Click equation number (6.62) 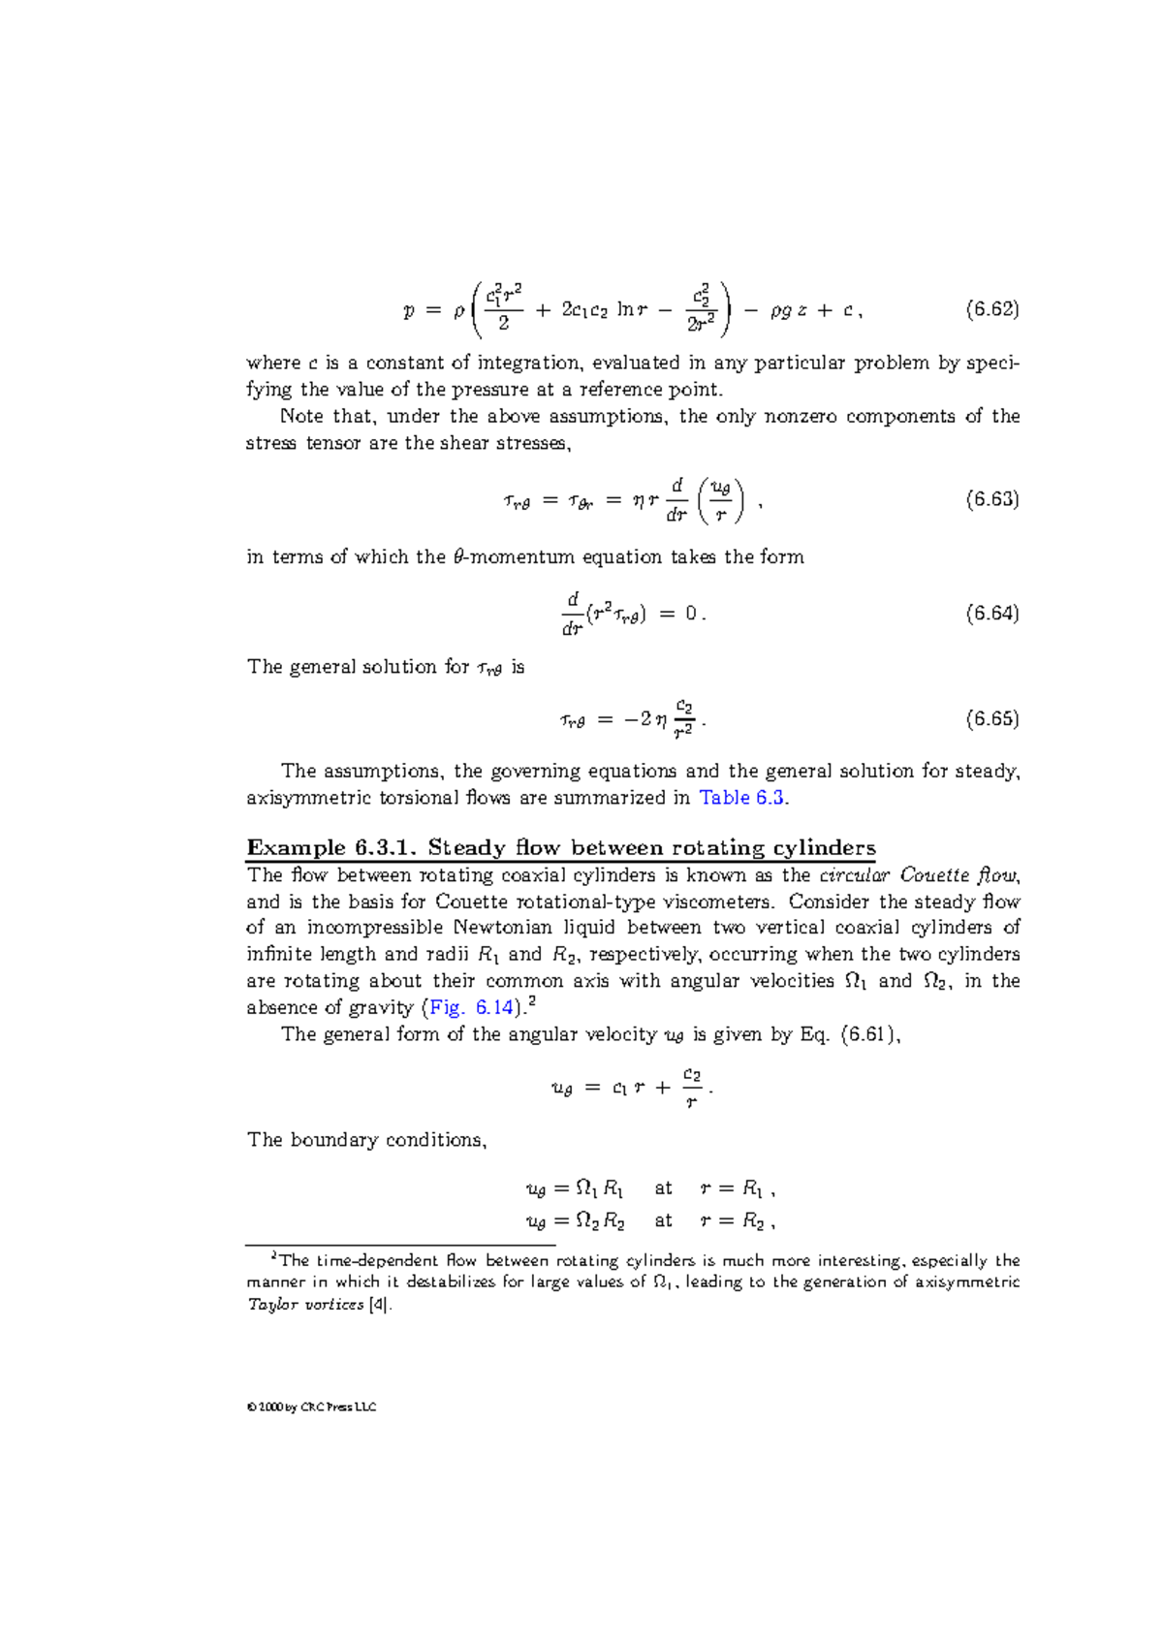[x=992, y=310]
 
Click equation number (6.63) [x=992, y=499]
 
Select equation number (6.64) [x=992, y=613]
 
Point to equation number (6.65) [x=992, y=718]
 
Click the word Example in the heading [x=296, y=848]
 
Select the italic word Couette [x=934, y=875]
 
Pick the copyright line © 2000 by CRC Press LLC [x=311, y=1407]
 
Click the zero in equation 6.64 [x=690, y=613]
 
